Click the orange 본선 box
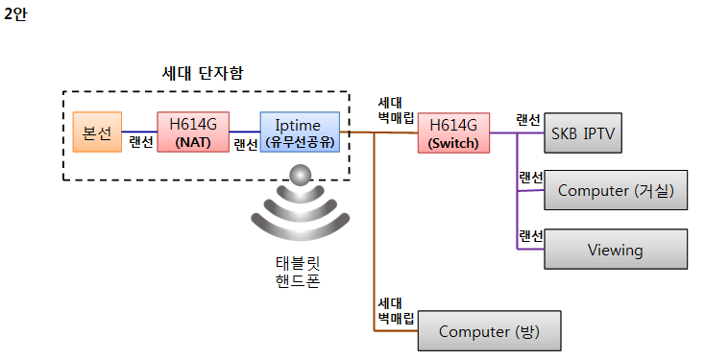97,132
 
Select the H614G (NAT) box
194,132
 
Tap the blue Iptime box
300,132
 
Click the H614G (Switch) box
453,132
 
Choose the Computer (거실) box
616,191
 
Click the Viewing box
616,250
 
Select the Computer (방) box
488,331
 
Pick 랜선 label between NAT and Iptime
246,145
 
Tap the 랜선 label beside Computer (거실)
530,178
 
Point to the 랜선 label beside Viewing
530,236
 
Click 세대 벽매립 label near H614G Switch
395,109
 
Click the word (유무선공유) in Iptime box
300,142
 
